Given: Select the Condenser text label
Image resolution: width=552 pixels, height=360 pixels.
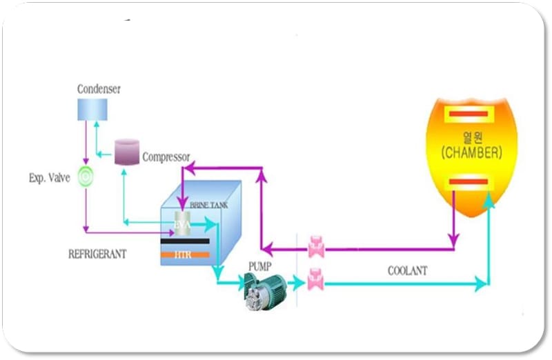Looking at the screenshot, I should pos(98,89).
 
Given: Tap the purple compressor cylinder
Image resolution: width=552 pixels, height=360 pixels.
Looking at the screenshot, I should pos(126,151).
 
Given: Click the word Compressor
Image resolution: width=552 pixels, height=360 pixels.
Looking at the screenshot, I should pos(166,157).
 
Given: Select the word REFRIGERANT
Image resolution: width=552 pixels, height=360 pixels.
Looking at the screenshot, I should pos(97,254).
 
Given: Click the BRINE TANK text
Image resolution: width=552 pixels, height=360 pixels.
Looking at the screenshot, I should pos(204,206).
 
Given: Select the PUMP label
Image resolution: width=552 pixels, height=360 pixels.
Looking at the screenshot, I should pos(261,265).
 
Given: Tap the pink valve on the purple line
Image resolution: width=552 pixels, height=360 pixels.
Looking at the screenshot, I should pos(317,246).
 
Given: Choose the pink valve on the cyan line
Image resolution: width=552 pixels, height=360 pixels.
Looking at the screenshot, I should pos(317,279).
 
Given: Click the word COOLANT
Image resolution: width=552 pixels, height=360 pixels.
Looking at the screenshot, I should pos(407,271).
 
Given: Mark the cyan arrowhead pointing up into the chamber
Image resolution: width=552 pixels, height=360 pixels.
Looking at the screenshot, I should pos(489,197).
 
